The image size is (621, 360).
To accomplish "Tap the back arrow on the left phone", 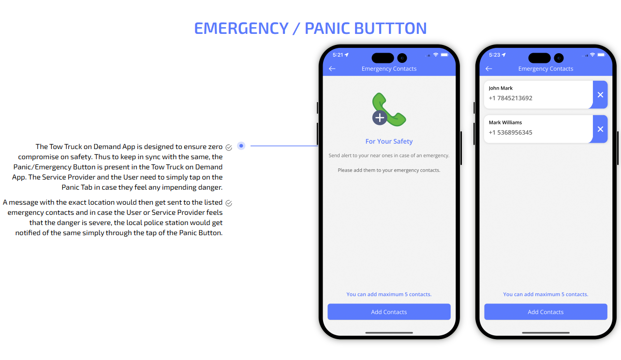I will click(332, 69).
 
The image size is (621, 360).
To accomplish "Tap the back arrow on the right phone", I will click(489, 69).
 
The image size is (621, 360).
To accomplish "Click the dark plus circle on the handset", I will click(380, 118).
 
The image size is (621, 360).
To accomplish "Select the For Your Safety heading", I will click(389, 141).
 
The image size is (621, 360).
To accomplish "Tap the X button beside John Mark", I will click(600, 95).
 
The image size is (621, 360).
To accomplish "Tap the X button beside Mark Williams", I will click(600, 129).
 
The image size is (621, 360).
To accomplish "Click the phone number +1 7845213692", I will click(510, 98).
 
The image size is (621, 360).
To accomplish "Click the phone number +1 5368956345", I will click(510, 133).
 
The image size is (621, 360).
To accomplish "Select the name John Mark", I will click(501, 88).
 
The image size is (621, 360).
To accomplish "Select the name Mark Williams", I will click(505, 122).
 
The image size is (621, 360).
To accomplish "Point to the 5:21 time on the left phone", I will click(338, 55).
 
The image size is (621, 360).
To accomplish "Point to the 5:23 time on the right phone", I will click(495, 55).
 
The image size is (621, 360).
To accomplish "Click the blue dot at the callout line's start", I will click(241, 146).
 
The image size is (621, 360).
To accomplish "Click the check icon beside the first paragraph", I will click(229, 148).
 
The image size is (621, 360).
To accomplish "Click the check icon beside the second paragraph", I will click(229, 204).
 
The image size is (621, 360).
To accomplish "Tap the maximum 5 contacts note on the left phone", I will click(389, 294).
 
